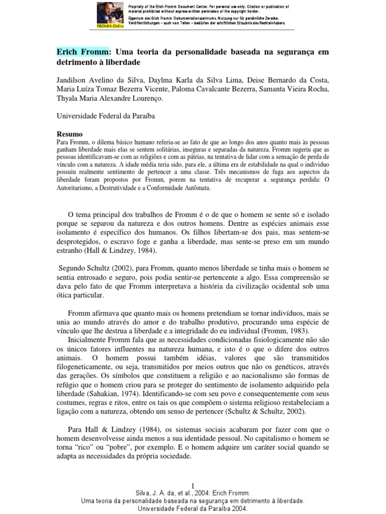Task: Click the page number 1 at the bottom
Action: click(x=192, y=484)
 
